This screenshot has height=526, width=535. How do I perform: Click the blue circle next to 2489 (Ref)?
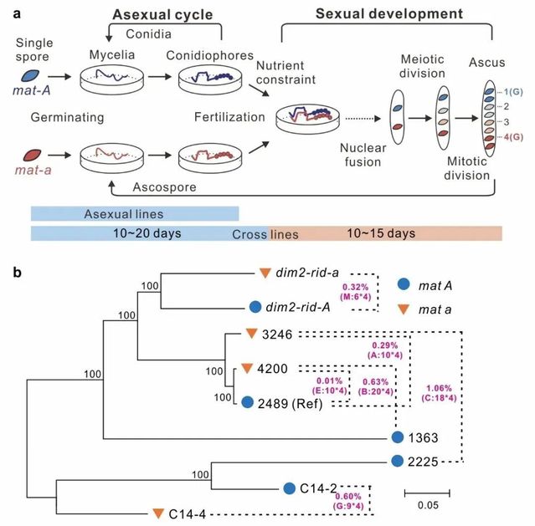pos(247,402)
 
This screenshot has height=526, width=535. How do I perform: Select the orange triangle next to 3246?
pos(249,336)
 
